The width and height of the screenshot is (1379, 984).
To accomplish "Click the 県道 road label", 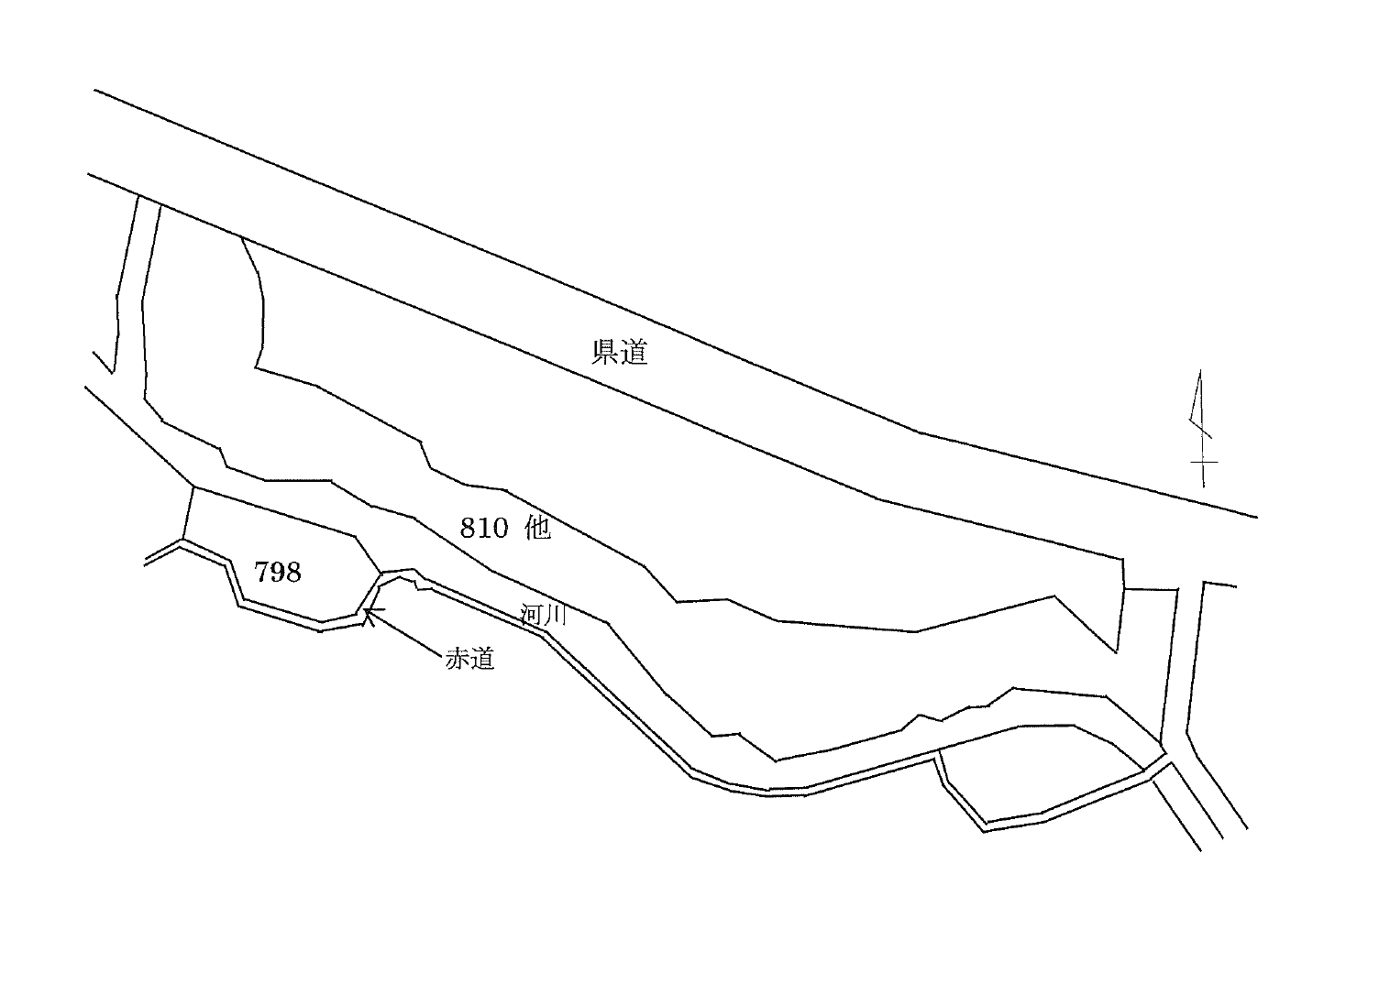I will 620,352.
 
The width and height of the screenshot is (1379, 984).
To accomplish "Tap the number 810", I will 482,528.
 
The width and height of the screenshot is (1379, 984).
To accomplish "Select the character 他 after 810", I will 537,528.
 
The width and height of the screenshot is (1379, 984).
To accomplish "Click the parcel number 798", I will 278,573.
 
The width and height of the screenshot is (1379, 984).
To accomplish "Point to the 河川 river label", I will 544,615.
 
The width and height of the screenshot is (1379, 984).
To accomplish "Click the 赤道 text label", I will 470,658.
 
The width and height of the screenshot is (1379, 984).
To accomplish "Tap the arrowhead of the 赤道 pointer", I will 368,611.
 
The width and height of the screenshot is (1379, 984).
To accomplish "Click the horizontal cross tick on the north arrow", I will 1204,462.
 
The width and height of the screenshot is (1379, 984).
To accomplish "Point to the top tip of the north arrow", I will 1200,373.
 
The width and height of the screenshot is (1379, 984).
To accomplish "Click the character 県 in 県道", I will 605,352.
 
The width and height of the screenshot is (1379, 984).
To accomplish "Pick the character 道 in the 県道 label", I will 634,352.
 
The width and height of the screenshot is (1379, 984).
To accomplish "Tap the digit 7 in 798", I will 261,573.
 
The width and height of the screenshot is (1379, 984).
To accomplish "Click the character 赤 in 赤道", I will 458,658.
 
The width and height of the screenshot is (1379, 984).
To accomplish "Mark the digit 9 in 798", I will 278,573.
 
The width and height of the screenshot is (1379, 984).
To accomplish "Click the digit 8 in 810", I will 468,528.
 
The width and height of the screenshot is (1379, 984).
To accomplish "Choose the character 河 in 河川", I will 532,615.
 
